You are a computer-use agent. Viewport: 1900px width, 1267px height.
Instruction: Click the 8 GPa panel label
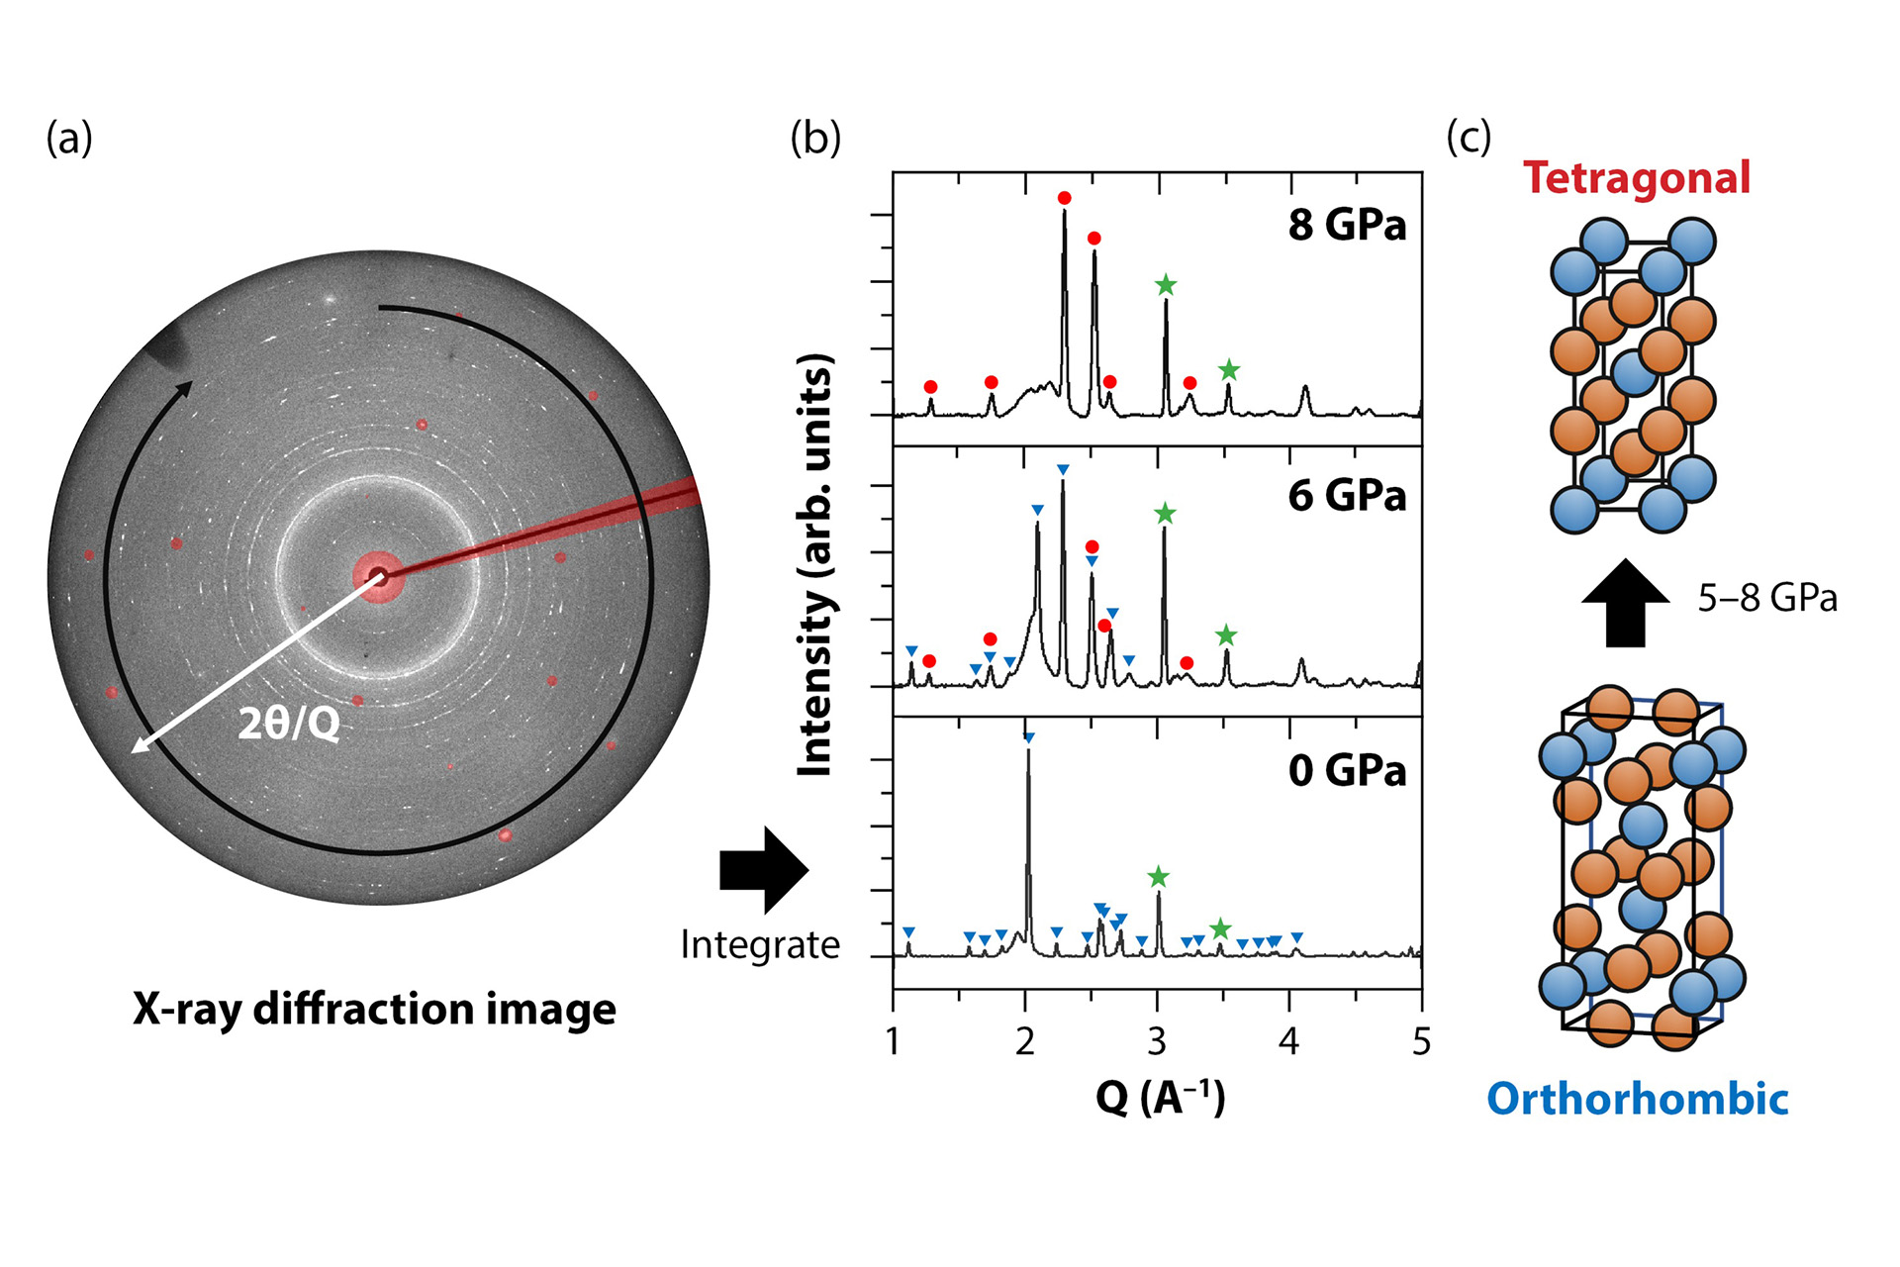(1347, 226)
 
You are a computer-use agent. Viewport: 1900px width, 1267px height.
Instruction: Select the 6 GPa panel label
(1347, 495)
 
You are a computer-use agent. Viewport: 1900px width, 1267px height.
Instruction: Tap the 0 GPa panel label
(1347, 770)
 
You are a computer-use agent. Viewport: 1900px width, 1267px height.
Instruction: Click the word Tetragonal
(1637, 178)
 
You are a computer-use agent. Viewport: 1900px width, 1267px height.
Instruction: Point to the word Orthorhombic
(1638, 1099)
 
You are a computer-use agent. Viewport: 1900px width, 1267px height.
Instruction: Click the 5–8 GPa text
(1767, 598)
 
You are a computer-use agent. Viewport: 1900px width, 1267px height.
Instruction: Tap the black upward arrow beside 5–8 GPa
(1625, 603)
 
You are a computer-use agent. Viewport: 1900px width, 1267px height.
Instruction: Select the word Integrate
(760, 945)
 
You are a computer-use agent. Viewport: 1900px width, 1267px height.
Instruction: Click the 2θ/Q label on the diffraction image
(289, 725)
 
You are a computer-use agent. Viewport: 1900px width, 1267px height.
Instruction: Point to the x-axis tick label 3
(1157, 1041)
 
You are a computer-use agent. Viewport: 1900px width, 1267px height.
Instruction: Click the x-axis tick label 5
(1421, 1041)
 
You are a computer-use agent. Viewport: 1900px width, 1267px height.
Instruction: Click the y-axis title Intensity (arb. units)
(815, 564)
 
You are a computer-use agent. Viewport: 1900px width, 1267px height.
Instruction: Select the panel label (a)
(69, 138)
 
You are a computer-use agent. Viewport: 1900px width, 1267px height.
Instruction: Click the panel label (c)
(1468, 138)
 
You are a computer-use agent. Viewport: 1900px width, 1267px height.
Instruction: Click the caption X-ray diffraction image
(374, 1009)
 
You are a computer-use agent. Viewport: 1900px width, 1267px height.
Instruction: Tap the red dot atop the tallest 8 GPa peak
(1064, 198)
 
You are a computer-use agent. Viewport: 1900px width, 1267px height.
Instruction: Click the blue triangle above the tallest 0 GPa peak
(1028, 738)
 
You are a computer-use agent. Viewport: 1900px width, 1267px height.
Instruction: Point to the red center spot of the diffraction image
(378, 575)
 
